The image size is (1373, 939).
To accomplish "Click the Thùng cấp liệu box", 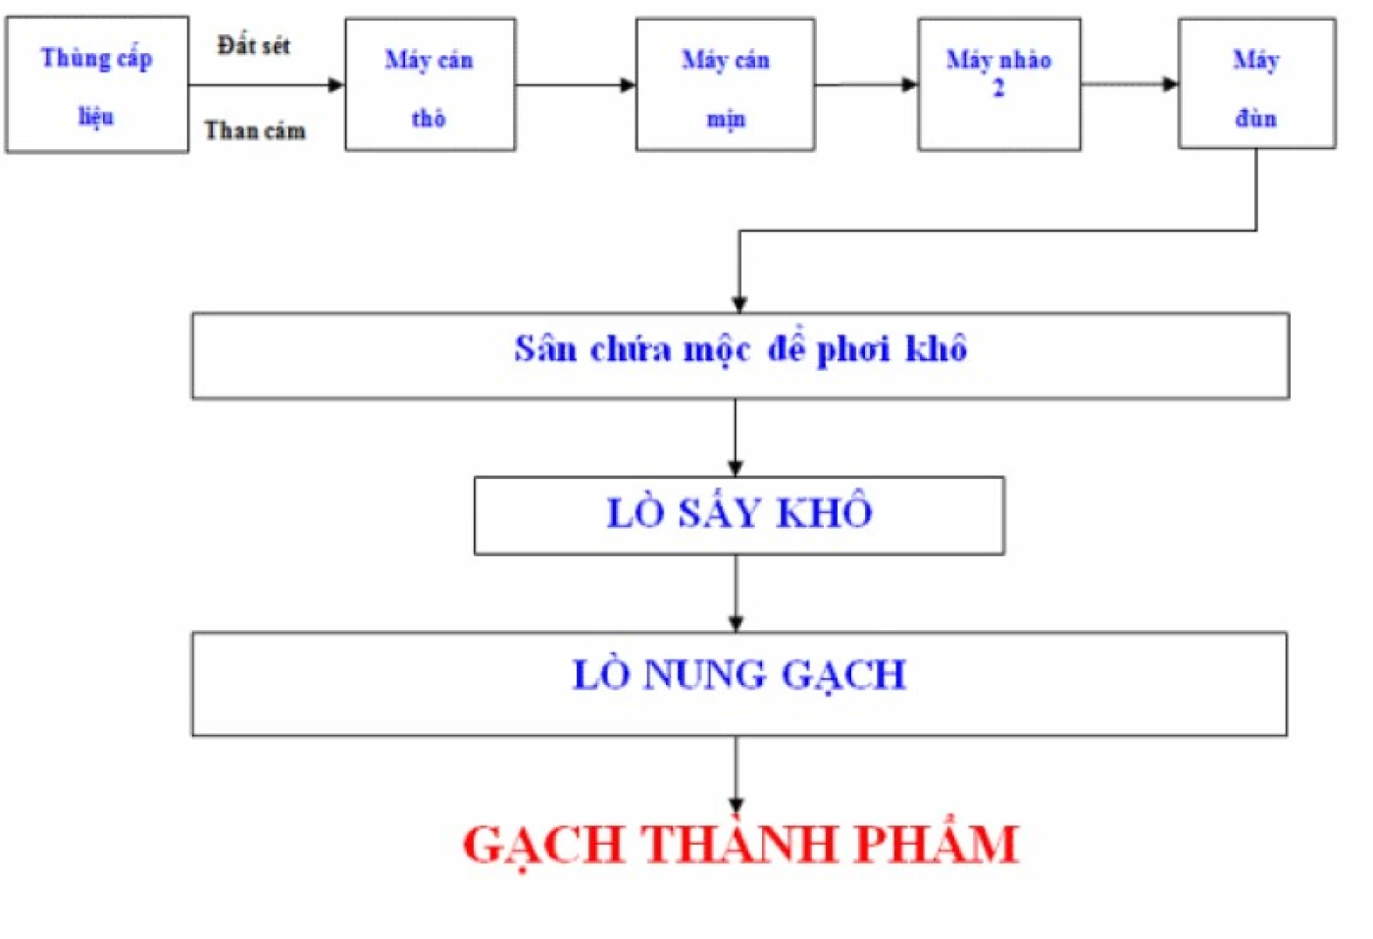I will (96, 85).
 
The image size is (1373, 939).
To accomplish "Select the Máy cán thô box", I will (430, 85).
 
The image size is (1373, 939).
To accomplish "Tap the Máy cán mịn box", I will (725, 85).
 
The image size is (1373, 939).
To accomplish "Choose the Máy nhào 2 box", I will (998, 85).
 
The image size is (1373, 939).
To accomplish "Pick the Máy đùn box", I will (1256, 85).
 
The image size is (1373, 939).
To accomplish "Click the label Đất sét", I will (254, 45).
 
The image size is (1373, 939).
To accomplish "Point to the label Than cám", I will (255, 130).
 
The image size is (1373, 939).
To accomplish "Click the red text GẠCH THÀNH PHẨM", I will (740, 844).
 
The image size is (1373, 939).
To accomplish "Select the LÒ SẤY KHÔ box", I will (738, 516).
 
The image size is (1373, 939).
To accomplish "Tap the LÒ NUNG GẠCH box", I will (738, 684).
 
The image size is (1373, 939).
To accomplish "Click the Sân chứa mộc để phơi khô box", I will (739, 355).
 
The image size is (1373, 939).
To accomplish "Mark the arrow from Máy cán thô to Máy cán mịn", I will (576, 85).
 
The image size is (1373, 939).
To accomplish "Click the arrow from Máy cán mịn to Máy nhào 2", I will (866, 85).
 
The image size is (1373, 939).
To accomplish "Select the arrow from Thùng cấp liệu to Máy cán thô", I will (266, 85).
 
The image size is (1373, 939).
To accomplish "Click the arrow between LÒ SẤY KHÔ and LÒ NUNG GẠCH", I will (737, 593).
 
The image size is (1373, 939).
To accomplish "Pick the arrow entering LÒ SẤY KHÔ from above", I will (736, 438).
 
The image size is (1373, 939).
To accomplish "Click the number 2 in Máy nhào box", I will (998, 89).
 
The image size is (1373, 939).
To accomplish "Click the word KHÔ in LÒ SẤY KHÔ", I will (825, 512).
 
